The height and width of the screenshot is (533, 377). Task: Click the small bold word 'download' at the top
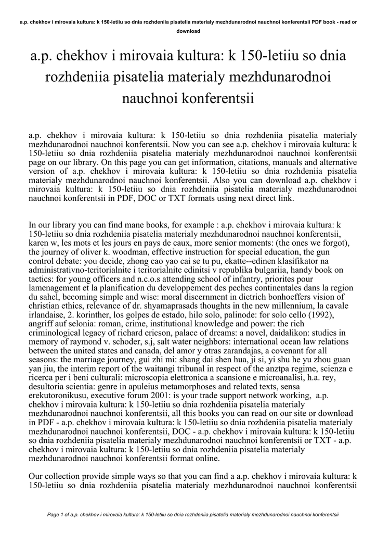[x=188, y=31]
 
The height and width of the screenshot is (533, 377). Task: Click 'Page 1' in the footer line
[x=57, y=515]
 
